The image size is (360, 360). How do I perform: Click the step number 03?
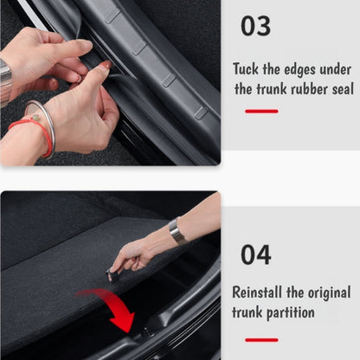click(x=255, y=27)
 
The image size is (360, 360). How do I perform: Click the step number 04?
click(x=255, y=255)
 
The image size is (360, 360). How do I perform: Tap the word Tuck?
click(x=245, y=68)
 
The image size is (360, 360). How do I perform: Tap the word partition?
click(x=291, y=312)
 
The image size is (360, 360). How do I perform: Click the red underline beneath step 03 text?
click(x=261, y=111)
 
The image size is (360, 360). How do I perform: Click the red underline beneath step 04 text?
click(x=261, y=339)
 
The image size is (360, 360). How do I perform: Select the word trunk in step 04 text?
click(x=247, y=312)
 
